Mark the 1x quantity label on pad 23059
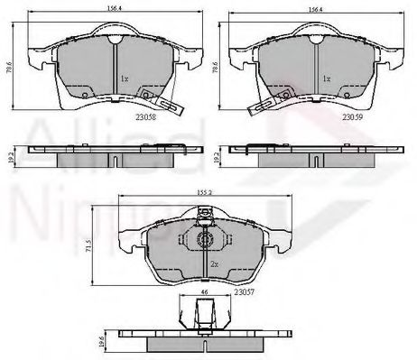pyautogui.click(x=326, y=79)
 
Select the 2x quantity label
pyautogui.click(x=215, y=263)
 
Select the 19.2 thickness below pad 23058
pyautogui.click(x=10, y=155)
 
